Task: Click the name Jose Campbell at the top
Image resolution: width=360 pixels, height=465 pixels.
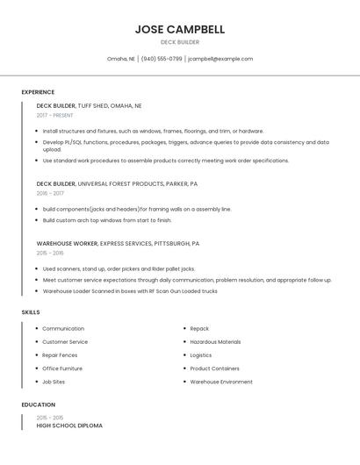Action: tap(180, 29)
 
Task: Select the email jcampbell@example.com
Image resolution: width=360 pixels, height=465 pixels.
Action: tap(220, 59)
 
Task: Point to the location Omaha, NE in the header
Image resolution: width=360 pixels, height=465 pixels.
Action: tap(121, 59)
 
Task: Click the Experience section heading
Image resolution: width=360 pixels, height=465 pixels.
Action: tap(38, 92)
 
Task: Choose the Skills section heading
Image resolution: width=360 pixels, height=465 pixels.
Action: tap(31, 311)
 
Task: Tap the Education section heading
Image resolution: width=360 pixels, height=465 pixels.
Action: tap(38, 404)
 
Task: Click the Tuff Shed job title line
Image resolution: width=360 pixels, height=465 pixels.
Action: tap(89, 105)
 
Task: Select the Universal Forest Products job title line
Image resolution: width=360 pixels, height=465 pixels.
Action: tap(117, 183)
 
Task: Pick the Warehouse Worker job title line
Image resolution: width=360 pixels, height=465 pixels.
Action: tap(118, 243)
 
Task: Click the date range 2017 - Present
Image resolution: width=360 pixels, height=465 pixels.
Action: tap(54, 115)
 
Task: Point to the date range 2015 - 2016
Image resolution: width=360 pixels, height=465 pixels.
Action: tap(50, 253)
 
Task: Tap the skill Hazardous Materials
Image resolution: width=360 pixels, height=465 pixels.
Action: tap(215, 341)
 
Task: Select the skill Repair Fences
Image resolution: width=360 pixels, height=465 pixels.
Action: tap(60, 355)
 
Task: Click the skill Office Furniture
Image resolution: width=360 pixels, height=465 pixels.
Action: tap(62, 368)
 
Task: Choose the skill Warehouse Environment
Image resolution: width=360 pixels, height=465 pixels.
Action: tap(221, 382)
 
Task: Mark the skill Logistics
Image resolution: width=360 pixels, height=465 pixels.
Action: tap(201, 355)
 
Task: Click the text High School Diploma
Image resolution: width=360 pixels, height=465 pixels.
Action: tap(69, 426)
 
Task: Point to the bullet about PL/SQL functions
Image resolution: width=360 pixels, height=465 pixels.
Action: tap(186, 145)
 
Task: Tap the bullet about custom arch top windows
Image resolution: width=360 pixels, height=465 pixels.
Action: tap(107, 220)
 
